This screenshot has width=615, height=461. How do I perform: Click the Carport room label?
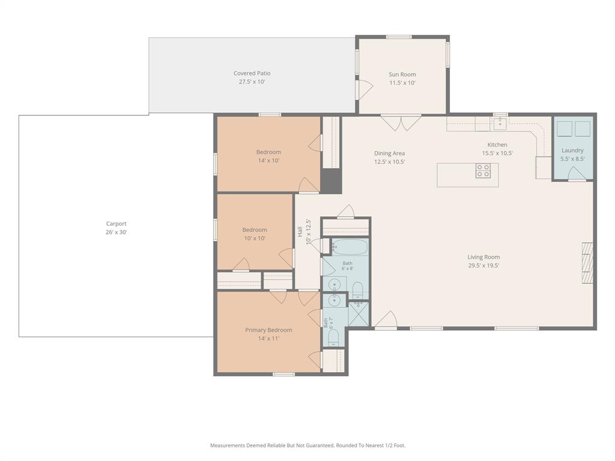click(116, 224)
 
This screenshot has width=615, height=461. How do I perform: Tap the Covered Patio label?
click(252, 73)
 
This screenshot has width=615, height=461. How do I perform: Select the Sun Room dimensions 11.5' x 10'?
click(402, 83)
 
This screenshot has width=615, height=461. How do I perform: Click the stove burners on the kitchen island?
click(483, 171)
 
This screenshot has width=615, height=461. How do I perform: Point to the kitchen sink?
click(500, 124)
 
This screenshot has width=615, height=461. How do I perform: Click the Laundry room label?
click(572, 151)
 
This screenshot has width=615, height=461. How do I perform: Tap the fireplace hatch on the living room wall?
click(587, 263)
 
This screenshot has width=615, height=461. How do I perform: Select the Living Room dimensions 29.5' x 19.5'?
click(483, 265)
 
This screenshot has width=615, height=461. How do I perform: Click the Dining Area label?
click(389, 153)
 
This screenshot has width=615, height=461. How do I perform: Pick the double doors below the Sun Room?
click(401, 122)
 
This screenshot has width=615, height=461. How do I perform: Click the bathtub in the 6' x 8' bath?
click(350, 247)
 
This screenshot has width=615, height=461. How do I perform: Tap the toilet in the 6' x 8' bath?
click(358, 289)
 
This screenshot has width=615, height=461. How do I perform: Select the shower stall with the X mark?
click(359, 313)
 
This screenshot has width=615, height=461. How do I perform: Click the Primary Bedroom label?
click(268, 330)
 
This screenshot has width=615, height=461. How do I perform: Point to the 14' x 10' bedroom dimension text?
click(268, 161)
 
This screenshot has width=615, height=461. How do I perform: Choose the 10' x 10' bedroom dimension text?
click(255, 238)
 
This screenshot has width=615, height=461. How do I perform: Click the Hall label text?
click(300, 232)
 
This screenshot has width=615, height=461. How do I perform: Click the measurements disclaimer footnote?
click(307, 445)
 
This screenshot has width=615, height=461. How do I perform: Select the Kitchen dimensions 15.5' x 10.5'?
click(497, 153)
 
